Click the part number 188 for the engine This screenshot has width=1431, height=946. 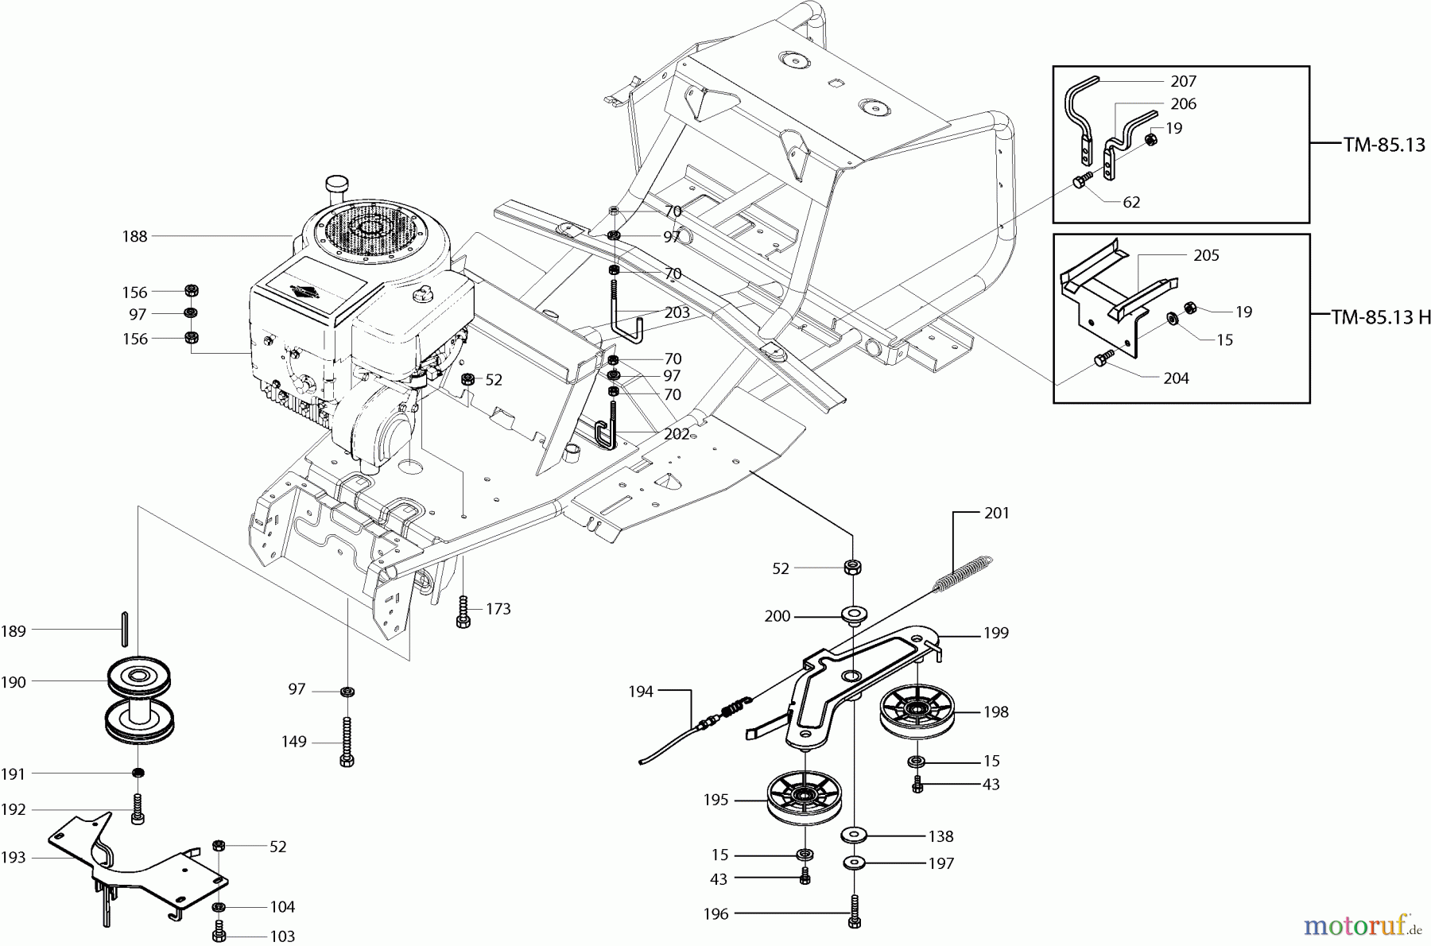pyautogui.click(x=134, y=236)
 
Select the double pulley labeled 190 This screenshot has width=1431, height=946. pyautogui.click(x=140, y=700)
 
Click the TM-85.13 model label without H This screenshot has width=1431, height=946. pyautogui.click(x=1384, y=145)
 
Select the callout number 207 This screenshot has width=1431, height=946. pyautogui.click(x=1183, y=81)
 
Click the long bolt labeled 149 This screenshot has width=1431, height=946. pyautogui.click(x=347, y=741)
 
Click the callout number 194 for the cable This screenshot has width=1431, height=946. pyautogui.click(x=640, y=692)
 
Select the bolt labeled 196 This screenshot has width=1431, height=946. pyautogui.click(x=855, y=913)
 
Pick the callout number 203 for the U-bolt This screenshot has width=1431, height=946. pyautogui.click(x=677, y=312)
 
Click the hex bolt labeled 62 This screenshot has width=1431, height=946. pyautogui.click(x=1079, y=182)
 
